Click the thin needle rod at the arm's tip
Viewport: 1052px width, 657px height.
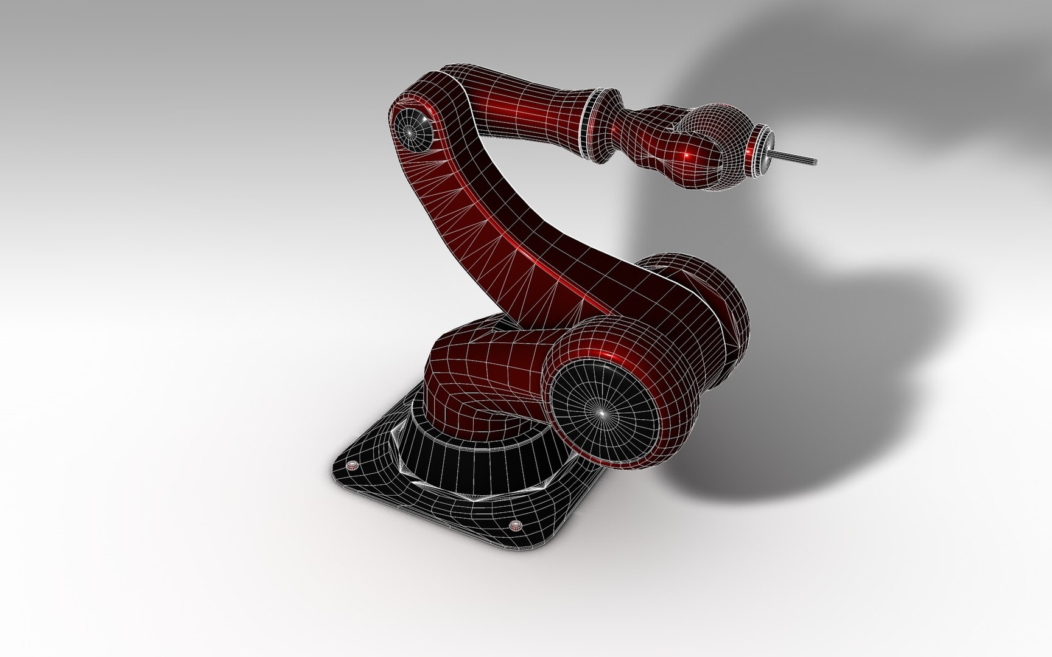pyautogui.click(x=794, y=158)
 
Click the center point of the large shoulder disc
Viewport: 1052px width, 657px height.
pyautogui.click(x=600, y=412)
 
